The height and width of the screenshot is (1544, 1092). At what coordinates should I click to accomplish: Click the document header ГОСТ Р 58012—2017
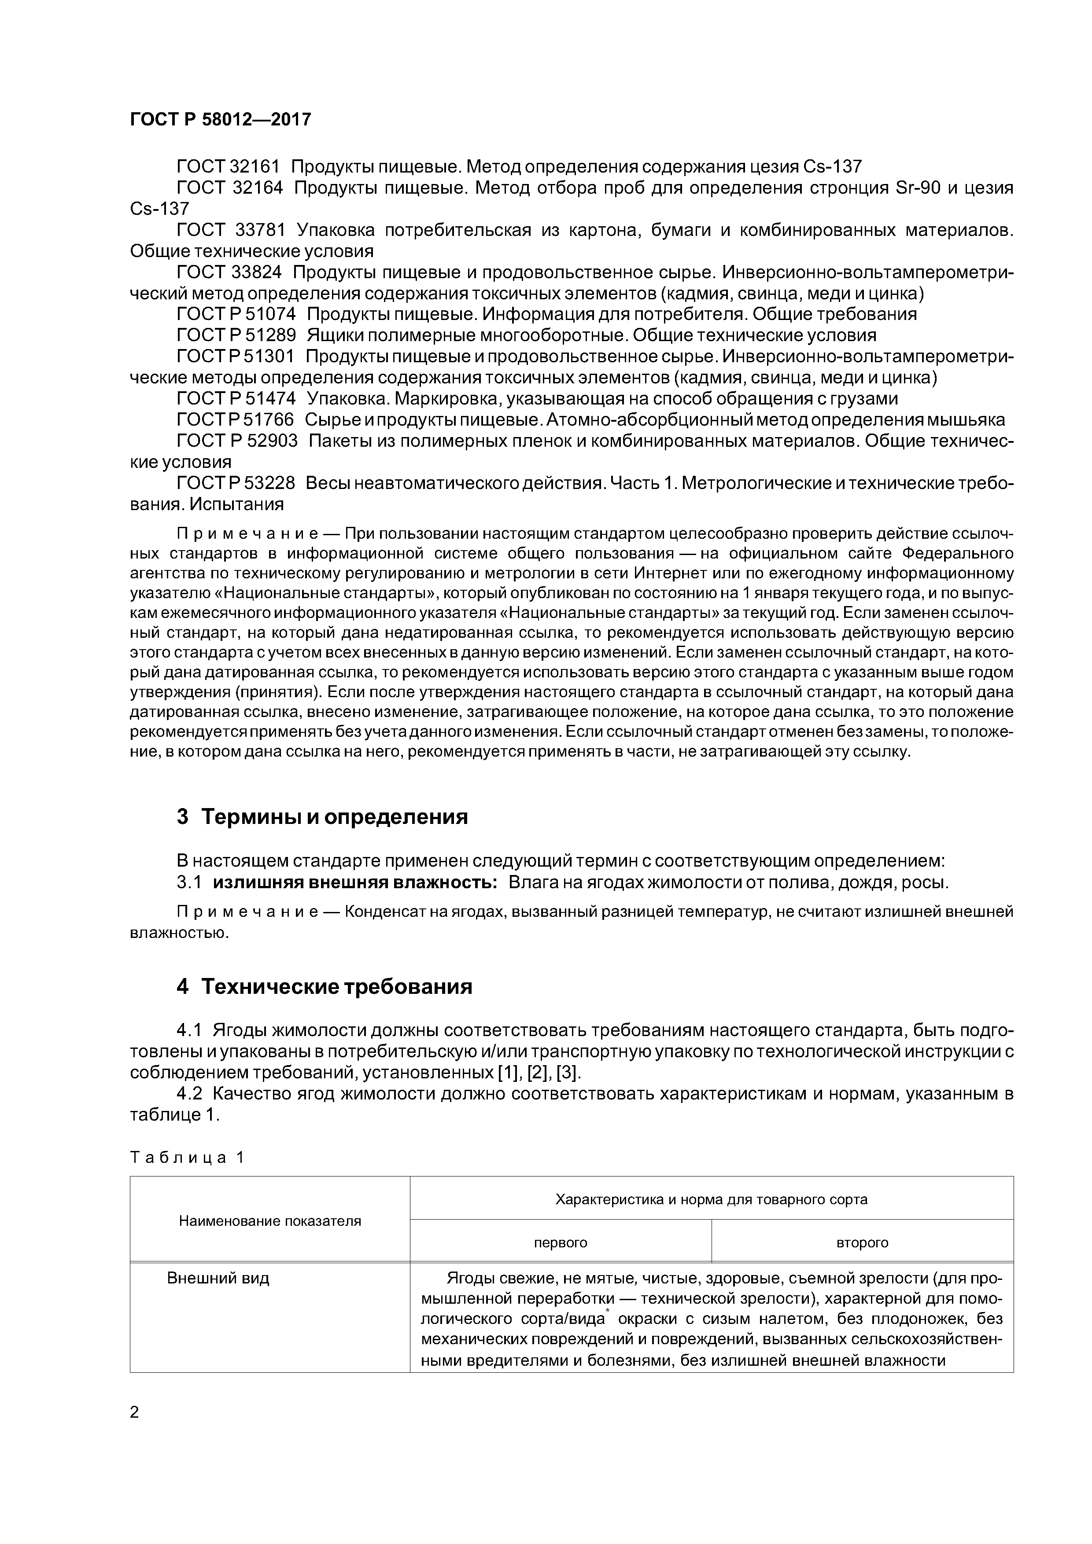pyautogui.click(x=220, y=120)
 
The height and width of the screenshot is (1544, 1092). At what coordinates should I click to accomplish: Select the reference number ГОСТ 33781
pyautogui.click(x=231, y=230)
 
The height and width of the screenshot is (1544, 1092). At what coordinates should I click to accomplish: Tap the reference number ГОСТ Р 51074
pyautogui.click(x=236, y=314)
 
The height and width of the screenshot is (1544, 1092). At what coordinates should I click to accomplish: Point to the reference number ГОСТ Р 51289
pyautogui.click(x=236, y=335)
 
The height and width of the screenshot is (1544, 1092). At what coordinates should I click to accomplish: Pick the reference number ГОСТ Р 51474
pyautogui.click(x=236, y=398)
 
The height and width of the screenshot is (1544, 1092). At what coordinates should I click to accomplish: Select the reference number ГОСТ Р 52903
pyautogui.click(x=236, y=441)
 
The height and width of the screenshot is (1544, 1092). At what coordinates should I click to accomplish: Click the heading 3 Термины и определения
pyautogui.click(x=321, y=817)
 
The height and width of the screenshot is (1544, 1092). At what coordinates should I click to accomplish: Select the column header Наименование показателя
pyautogui.click(x=270, y=1220)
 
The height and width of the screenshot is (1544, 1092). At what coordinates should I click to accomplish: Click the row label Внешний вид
pyautogui.click(x=218, y=1278)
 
